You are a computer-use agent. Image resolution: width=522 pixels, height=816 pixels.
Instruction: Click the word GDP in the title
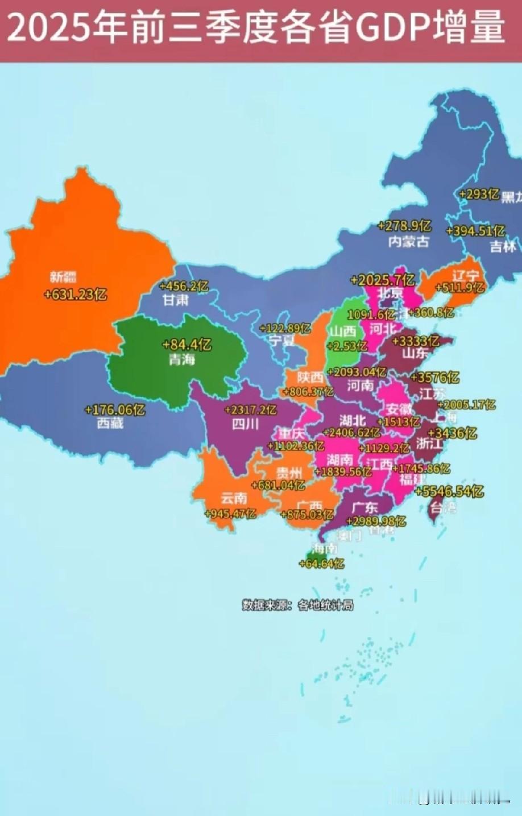pos(393,27)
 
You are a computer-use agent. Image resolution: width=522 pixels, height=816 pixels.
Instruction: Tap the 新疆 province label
pos(63,277)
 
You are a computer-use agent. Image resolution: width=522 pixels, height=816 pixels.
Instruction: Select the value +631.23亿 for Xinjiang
pos(75,295)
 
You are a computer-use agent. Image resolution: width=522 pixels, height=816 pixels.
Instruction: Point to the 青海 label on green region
pos(181,359)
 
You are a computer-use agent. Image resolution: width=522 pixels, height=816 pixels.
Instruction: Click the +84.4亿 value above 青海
pos(187,345)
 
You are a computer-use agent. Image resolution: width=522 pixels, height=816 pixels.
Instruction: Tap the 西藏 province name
pos(110,423)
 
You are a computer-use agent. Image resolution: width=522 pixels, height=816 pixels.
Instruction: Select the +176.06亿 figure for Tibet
pos(115,409)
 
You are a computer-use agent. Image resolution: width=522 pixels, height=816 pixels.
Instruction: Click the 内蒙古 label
pos(408,241)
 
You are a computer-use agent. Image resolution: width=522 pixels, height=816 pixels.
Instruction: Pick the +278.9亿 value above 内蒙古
pos(404,226)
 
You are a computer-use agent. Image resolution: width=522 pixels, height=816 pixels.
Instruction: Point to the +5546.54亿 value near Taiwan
pos(449,491)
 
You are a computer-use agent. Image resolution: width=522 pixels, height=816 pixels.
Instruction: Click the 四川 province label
pos(245,424)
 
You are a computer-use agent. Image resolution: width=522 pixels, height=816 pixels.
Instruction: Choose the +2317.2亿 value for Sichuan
pos(250,410)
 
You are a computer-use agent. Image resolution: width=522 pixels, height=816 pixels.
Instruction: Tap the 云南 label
pos(234,499)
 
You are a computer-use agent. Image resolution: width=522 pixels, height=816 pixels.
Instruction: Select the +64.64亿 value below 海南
pos(321,564)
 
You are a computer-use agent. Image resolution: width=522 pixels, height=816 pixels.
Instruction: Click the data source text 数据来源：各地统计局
pos(297,605)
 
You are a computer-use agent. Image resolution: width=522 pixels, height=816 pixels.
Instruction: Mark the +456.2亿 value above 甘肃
pos(184,286)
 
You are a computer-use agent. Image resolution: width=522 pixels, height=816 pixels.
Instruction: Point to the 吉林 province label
pos(503,247)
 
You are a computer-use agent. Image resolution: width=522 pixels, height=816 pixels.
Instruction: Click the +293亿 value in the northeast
pos(479,194)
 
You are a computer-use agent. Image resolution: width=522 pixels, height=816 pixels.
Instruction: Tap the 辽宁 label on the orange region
pos(465,276)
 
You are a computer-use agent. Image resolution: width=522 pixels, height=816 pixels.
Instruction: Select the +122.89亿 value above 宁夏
pos(285,328)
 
